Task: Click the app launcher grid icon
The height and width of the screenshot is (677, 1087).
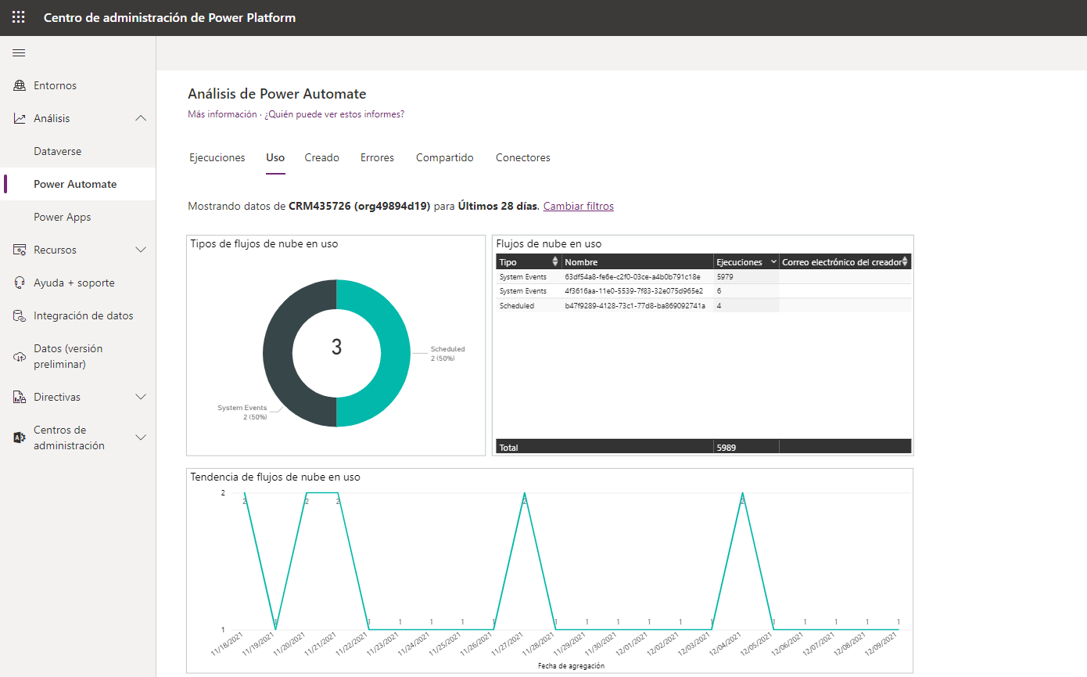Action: pos(19,17)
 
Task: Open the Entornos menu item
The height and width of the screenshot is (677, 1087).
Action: pos(55,85)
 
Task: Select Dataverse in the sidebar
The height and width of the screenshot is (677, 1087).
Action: pos(57,151)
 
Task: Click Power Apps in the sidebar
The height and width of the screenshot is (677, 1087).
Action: pos(62,217)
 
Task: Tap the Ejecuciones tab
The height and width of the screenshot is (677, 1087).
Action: pos(217,157)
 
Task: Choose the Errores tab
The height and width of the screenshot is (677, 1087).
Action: pos(377,157)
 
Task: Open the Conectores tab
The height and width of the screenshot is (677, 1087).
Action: pos(522,157)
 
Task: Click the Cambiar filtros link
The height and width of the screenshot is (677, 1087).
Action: pos(579,206)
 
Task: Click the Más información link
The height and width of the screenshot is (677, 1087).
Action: pos(222,114)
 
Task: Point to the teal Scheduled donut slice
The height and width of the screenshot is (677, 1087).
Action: pos(396,353)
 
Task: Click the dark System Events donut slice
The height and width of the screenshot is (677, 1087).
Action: pos(278,353)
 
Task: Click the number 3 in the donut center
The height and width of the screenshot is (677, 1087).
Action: pos(336,347)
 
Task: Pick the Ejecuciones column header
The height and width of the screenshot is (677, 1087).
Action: pos(739,261)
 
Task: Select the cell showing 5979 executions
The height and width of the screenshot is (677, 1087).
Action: pos(725,277)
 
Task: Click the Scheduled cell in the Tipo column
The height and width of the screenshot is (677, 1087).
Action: pos(517,305)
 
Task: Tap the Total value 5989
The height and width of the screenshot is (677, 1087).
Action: pos(726,447)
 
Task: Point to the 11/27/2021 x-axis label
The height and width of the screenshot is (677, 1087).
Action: pos(507,644)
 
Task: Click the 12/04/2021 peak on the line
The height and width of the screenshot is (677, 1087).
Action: pos(742,494)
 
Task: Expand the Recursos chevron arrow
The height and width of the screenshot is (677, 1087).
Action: pos(141,250)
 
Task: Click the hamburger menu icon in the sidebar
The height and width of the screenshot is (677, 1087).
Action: pos(19,53)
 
